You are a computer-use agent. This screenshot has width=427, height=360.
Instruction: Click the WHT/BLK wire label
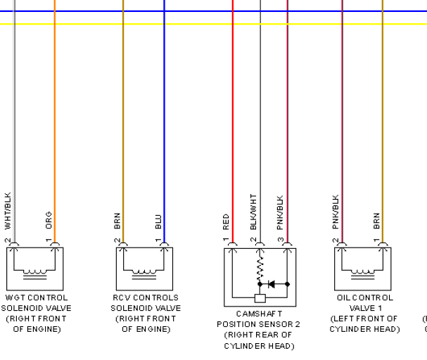(8, 211)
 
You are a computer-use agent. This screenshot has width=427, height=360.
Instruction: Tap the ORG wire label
(49, 220)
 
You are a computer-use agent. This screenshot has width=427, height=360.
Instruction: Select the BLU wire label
(158, 221)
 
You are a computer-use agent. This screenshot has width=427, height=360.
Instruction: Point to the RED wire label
(226, 221)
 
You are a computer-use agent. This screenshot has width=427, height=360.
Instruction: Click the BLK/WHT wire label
(253, 212)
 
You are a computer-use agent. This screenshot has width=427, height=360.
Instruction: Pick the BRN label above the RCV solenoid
(117, 221)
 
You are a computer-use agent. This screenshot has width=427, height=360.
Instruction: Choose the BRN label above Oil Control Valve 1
(376, 221)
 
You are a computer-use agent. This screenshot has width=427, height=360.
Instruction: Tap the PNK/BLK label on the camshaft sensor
(280, 213)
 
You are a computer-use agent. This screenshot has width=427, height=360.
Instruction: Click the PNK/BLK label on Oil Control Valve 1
(336, 212)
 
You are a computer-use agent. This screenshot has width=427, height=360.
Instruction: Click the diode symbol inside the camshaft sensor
(272, 284)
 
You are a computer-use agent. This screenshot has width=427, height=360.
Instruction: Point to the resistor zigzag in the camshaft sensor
(260, 269)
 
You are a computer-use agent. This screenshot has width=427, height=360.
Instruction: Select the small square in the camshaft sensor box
(260, 298)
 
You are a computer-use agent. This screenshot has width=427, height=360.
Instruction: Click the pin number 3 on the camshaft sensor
(281, 240)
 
